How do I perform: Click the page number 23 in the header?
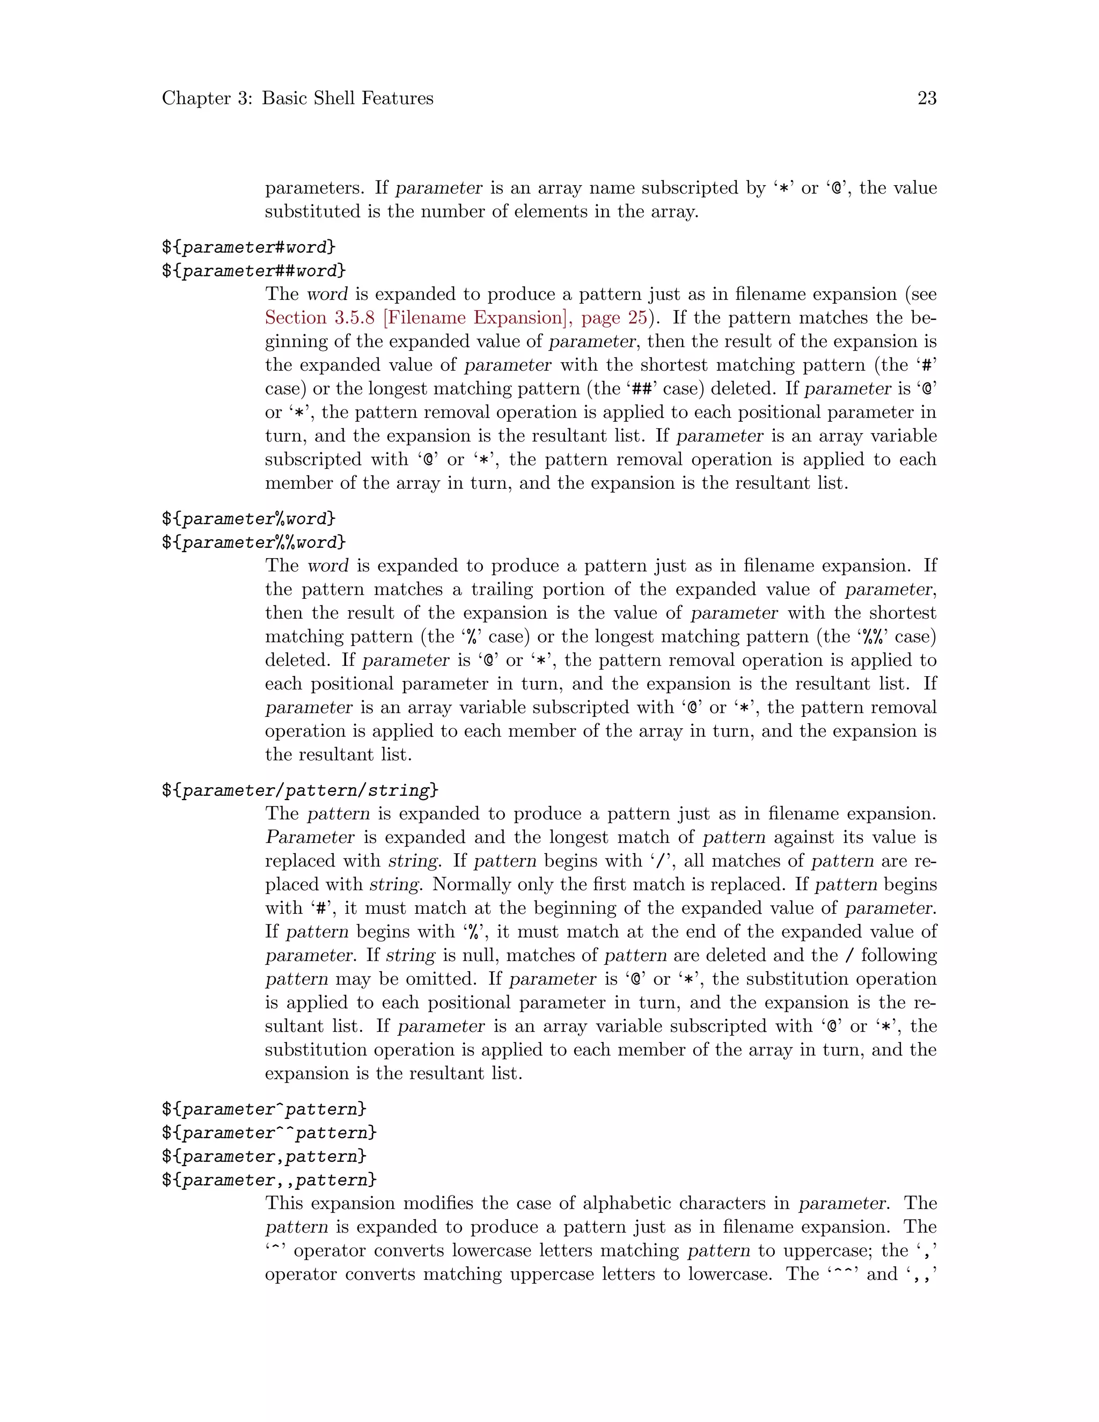926,98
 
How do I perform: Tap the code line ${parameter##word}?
254,271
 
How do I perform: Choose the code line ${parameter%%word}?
254,543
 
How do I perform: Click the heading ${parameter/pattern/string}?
300,790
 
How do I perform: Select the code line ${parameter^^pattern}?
269,1133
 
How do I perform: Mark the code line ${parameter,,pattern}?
269,1181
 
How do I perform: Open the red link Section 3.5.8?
320,318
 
